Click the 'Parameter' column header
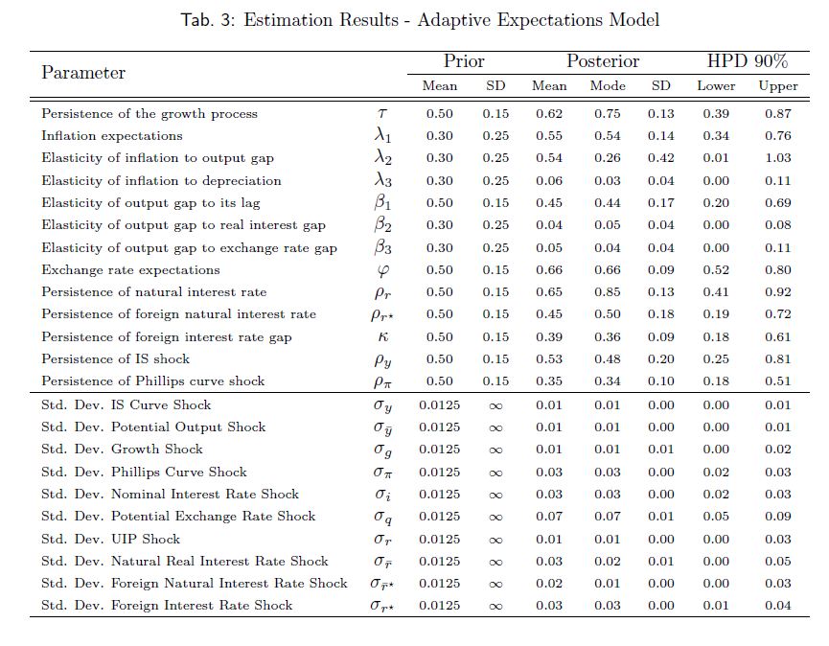pos(83,73)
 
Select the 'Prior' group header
pos(464,62)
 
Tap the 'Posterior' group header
pos(603,62)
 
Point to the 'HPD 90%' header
pos(748,62)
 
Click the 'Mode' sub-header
pos(608,86)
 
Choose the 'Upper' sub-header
pos(777,86)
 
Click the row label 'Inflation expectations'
pos(111,136)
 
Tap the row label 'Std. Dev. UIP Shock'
pos(110,539)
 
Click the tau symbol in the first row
pos(382,114)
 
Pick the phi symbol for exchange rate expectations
pos(382,270)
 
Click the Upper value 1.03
pos(777,158)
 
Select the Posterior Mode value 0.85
pos(608,292)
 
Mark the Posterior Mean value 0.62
pos(549,114)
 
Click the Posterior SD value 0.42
pos(661,158)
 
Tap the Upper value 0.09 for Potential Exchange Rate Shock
pos(777,517)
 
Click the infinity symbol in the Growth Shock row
pos(495,450)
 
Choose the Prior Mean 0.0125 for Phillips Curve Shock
pos(440,472)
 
